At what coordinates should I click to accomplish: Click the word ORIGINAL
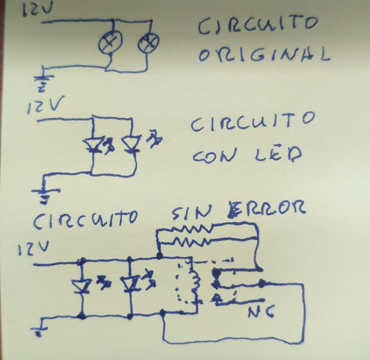point(264,55)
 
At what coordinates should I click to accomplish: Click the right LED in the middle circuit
point(131,144)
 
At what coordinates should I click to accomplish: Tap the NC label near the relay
point(261,311)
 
